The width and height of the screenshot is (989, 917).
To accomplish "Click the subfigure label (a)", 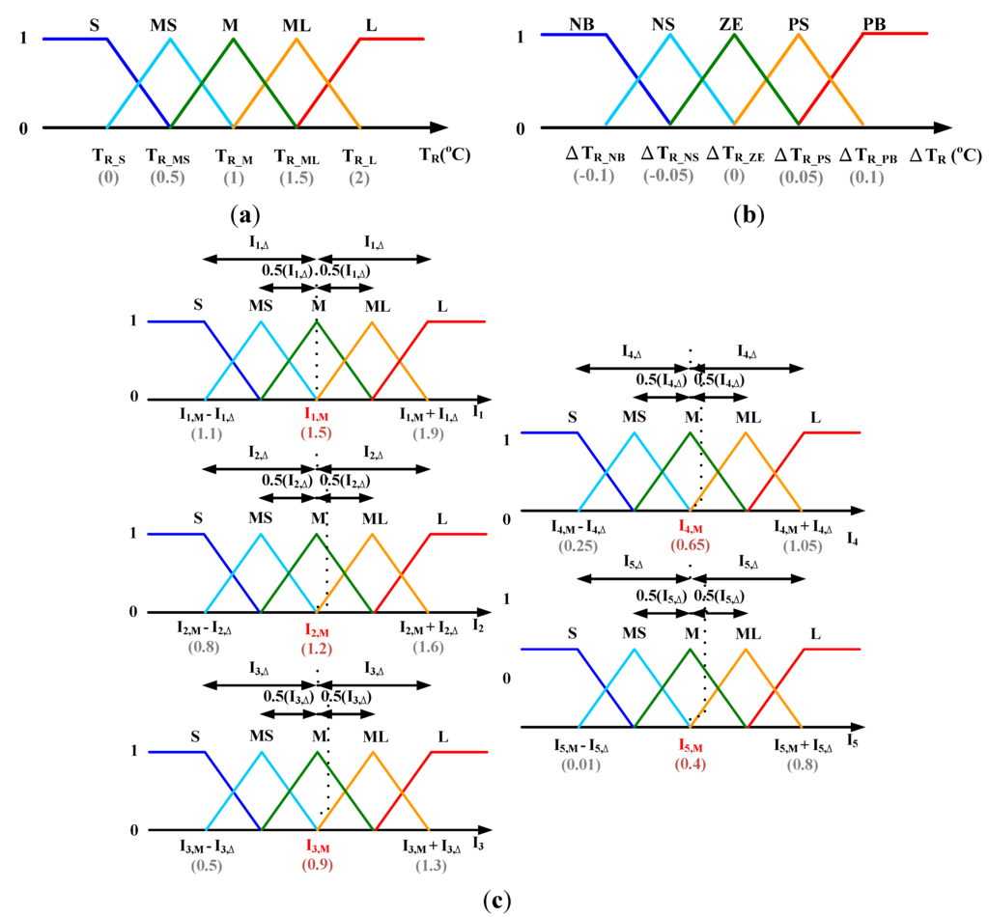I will (x=234, y=214).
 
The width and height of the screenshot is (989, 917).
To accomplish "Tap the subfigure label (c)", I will (x=494, y=902).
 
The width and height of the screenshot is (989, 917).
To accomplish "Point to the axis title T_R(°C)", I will (x=444, y=154).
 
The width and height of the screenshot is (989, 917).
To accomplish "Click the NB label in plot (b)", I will (x=582, y=22).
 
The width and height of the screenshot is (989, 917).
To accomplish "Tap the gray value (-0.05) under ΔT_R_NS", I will (x=668, y=178).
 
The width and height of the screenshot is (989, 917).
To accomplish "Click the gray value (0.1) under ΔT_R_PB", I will (x=862, y=178).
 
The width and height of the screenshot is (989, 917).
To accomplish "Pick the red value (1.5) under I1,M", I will (x=316, y=432).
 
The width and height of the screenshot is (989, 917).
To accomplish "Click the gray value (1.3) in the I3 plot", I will (x=428, y=865).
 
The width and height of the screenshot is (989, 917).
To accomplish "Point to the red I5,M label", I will (x=690, y=746).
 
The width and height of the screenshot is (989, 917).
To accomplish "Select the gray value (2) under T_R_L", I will (x=358, y=177).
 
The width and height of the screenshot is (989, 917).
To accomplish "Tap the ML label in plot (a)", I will (x=297, y=22).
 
